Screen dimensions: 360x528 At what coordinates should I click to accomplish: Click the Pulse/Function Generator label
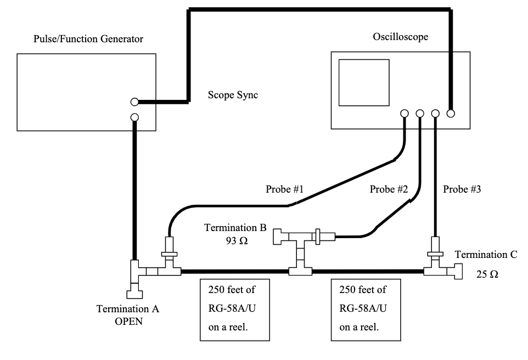point(88,39)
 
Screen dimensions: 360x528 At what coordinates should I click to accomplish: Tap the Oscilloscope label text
point(400,37)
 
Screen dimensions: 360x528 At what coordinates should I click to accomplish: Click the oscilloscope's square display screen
point(364,82)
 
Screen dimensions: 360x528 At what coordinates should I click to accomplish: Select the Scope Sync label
point(233,95)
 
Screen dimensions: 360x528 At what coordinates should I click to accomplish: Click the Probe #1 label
point(285,189)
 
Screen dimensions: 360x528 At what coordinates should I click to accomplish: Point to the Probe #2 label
point(389,189)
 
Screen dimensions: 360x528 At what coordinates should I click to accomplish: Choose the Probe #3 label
point(462,189)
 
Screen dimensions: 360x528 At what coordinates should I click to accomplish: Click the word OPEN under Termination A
point(128,322)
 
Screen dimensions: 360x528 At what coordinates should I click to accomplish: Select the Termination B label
point(235,228)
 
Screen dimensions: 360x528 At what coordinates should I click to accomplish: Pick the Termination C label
point(486,255)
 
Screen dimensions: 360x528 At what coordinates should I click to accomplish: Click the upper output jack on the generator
point(134,102)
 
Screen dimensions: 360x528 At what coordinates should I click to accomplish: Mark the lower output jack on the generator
point(134,117)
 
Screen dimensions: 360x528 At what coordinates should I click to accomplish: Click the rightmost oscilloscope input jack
point(451,114)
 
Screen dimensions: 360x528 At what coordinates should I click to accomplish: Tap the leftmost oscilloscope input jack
point(405,114)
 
